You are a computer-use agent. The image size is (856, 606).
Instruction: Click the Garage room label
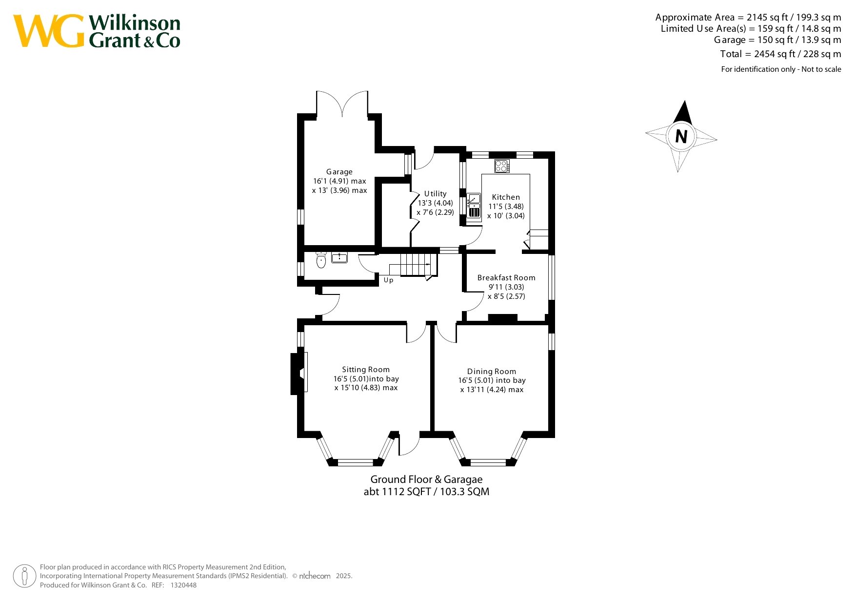pyautogui.click(x=339, y=172)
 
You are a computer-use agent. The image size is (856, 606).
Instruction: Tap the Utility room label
pyautogui.click(x=435, y=194)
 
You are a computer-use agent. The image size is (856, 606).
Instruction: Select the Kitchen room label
pyautogui.click(x=506, y=197)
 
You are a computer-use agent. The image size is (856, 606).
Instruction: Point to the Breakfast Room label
pyautogui.click(x=506, y=278)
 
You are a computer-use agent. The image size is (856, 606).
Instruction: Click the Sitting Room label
pyautogui.click(x=366, y=370)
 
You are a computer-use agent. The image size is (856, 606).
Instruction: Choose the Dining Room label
pyautogui.click(x=492, y=372)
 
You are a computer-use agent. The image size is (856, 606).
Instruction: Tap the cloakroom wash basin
pyautogui.click(x=339, y=257)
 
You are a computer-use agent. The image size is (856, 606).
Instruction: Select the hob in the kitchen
pyautogui.click(x=502, y=166)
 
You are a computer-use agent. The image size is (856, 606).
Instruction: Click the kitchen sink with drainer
pyautogui.click(x=474, y=206)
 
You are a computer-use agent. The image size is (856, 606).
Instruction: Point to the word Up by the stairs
pyautogui.click(x=388, y=280)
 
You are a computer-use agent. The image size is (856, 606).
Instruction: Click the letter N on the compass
pyautogui.click(x=681, y=136)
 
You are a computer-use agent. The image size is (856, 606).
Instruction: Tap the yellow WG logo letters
pyautogui.click(x=48, y=31)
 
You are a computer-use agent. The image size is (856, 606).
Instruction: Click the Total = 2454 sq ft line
pyautogui.click(x=780, y=54)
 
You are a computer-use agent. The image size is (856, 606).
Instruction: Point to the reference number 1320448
pyautogui.click(x=183, y=585)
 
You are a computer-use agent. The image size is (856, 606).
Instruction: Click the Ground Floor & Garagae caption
pyautogui.click(x=426, y=480)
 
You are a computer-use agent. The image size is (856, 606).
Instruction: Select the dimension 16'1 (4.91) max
pyautogui.click(x=339, y=181)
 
